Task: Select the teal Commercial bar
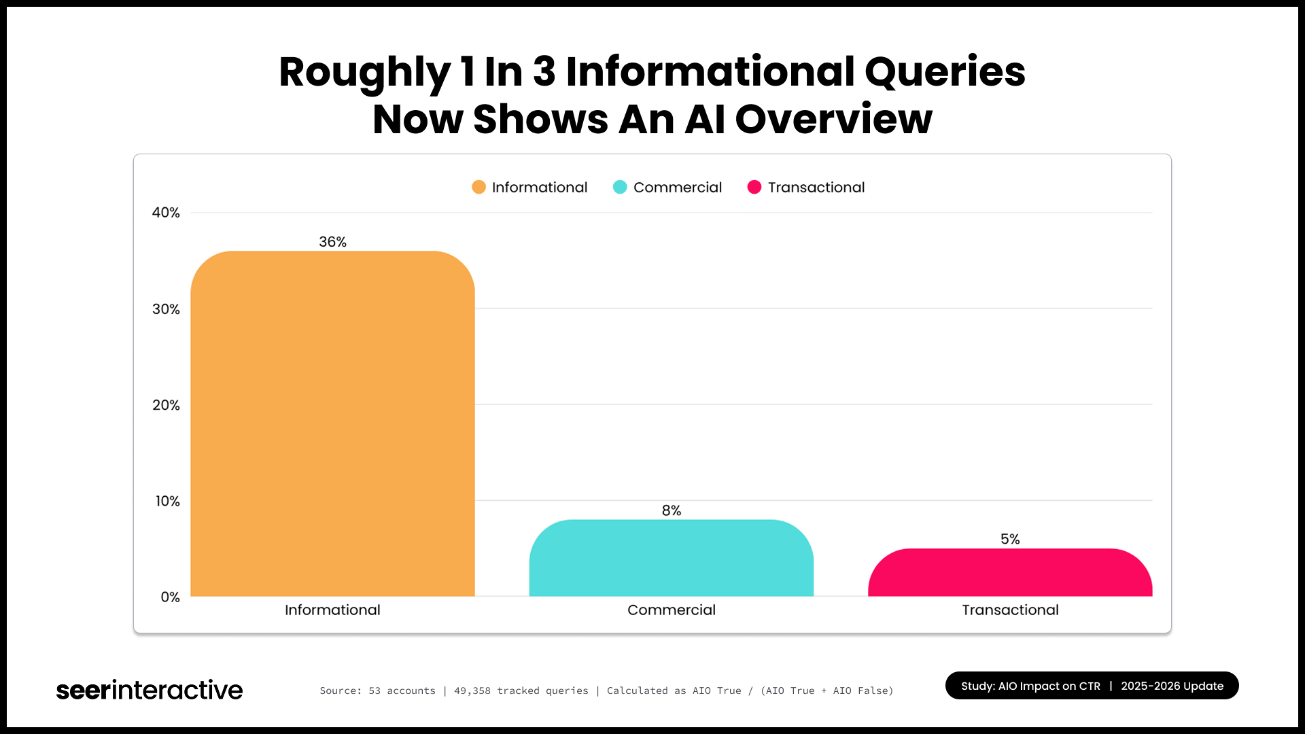tap(671, 558)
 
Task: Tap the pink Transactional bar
tap(1010, 572)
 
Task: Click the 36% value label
tap(332, 242)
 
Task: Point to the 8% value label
tap(671, 510)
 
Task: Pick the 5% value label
tap(1010, 539)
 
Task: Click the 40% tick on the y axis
tap(166, 213)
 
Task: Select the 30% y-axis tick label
tap(166, 309)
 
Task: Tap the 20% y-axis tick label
tap(166, 405)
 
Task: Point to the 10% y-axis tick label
tap(167, 501)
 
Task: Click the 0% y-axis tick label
tap(170, 597)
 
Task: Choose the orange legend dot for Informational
tap(478, 187)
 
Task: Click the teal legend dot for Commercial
tap(620, 187)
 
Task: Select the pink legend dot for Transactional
tap(754, 187)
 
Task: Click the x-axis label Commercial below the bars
tap(671, 610)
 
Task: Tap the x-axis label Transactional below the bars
tap(1010, 610)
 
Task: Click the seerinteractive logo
tap(150, 690)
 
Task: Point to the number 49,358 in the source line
tap(472, 691)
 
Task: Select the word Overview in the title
tap(833, 119)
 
